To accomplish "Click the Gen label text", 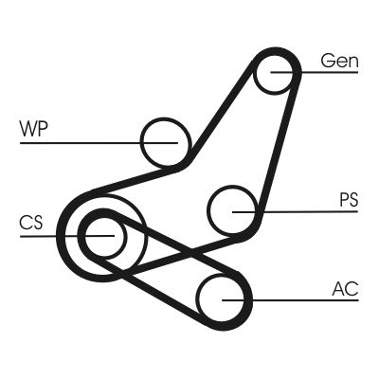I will (x=340, y=61).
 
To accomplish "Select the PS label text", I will (x=348, y=200).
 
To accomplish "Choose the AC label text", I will (x=345, y=289).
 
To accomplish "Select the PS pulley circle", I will (x=232, y=209).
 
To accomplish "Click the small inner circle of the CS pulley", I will (x=101, y=234).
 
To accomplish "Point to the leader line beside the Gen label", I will (x=327, y=72).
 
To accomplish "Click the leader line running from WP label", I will (x=85, y=142).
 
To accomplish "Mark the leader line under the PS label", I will (x=303, y=209).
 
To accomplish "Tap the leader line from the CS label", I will (x=57, y=234).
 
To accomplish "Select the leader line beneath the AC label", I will (x=303, y=300).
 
